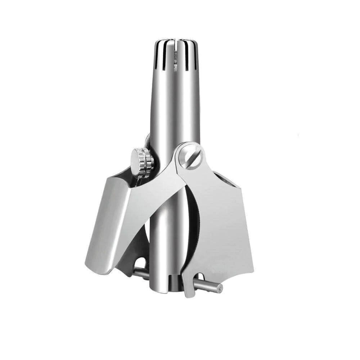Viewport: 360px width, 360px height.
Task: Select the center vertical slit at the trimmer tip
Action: click(x=175, y=49)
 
